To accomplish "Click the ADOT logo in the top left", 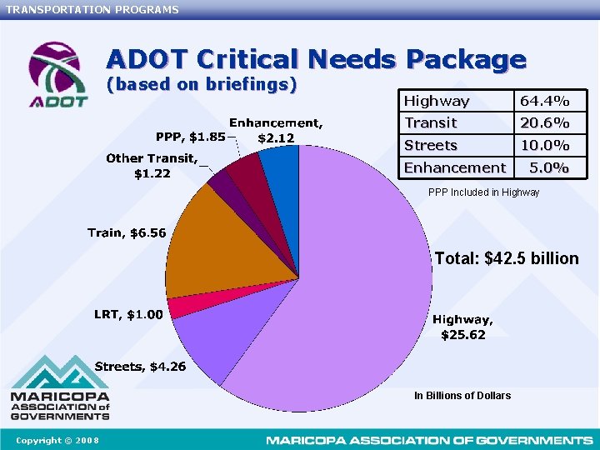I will (57, 74).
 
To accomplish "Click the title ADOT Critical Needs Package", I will (316, 60).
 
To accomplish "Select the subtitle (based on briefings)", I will (202, 84).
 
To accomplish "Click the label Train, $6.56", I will (127, 232).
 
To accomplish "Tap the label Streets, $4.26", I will (140, 367).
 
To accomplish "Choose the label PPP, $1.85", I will (190, 137).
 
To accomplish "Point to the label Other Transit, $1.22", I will (152, 166).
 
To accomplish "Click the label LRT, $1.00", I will (128, 314).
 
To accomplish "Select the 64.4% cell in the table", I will (544, 101).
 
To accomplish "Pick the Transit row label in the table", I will (431, 123).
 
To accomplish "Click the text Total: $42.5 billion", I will (506, 258).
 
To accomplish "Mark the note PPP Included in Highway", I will (483, 192).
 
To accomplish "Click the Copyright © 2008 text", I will (57, 440).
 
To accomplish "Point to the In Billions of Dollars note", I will (462, 396).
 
